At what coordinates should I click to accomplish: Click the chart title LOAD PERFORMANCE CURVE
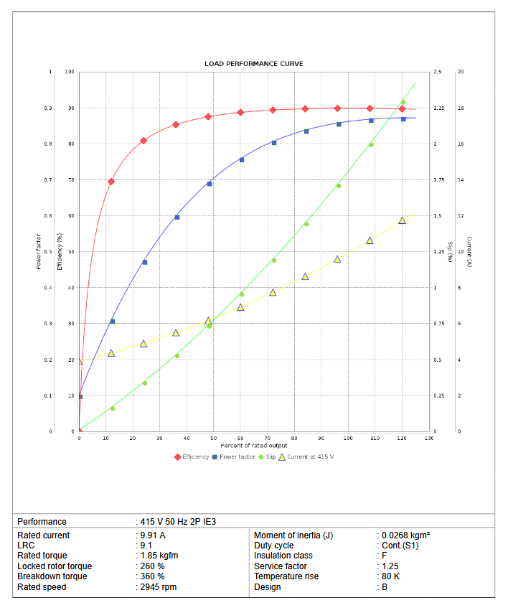tap(254, 64)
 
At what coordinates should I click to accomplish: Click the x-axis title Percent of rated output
tap(254, 446)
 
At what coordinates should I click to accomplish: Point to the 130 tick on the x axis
tap(428, 438)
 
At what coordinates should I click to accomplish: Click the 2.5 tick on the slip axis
tap(438, 72)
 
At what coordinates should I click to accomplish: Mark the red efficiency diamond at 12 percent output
tap(111, 182)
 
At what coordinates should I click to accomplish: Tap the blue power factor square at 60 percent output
tap(241, 159)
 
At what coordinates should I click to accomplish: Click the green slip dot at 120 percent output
tap(403, 102)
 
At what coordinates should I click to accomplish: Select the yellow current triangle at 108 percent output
tap(370, 240)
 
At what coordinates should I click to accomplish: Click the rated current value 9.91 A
tap(153, 535)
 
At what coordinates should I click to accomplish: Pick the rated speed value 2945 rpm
tap(158, 587)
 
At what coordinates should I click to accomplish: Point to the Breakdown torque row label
tap(52, 576)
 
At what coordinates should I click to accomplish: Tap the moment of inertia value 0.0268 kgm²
tap(405, 535)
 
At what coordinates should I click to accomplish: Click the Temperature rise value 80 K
tap(391, 576)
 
